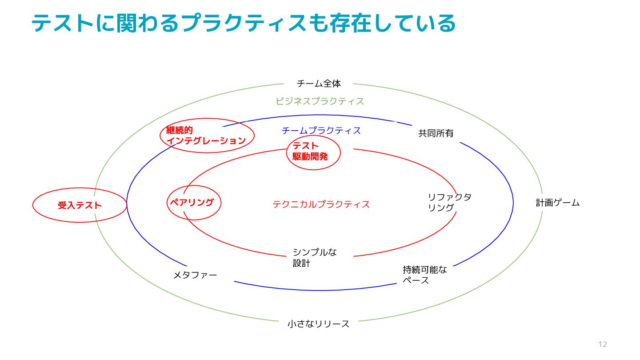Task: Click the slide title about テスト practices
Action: [244, 23]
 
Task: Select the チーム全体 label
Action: [319, 84]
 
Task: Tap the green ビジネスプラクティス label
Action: [320, 101]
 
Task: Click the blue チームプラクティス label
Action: [321, 131]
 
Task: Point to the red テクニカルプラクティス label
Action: [321, 204]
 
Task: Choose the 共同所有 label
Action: [436, 133]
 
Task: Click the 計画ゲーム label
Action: [557, 203]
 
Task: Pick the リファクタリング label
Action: [449, 202]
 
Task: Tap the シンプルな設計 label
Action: [314, 258]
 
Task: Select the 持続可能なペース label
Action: [424, 275]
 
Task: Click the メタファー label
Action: [195, 276]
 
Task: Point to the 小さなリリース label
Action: [318, 324]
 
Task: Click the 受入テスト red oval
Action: [80, 205]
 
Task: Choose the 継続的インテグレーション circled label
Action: [207, 136]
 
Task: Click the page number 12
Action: [602, 344]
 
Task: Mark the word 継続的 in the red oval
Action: [180, 130]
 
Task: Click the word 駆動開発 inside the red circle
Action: [310, 156]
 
